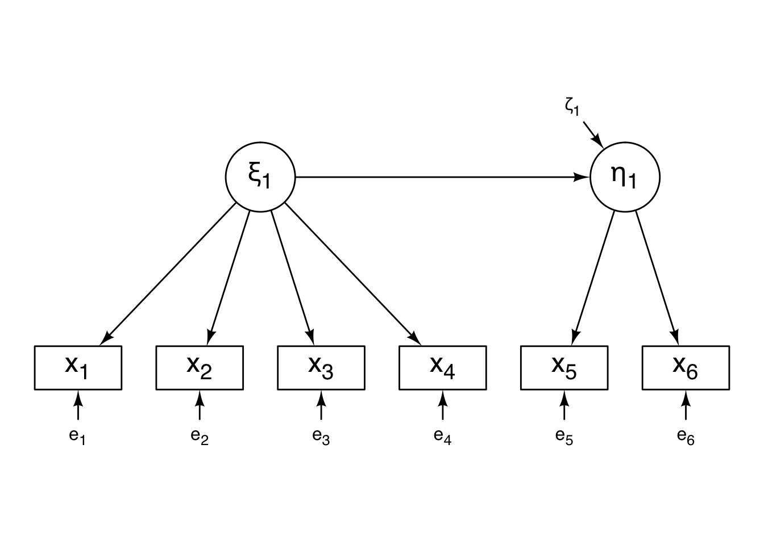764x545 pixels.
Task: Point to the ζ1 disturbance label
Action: click(x=572, y=107)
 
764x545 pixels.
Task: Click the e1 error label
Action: click(x=77, y=437)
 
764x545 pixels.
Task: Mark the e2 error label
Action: click(x=200, y=437)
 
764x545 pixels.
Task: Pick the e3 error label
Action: click(x=321, y=437)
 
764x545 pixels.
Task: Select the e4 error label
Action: click(x=443, y=437)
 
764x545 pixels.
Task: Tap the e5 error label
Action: click(x=564, y=437)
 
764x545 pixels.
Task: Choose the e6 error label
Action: click(x=686, y=437)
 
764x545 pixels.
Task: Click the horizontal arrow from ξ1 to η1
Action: click(x=442, y=177)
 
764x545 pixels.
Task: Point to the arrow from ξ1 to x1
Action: click(x=168, y=274)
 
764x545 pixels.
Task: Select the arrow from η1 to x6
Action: click(x=657, y=278)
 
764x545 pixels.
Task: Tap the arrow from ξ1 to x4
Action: click(x=353, y=274)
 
